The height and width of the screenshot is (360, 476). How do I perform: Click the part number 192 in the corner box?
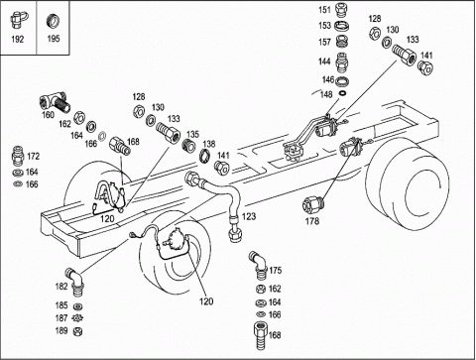point(18,40)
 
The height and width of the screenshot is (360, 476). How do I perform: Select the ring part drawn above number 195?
point(53,21)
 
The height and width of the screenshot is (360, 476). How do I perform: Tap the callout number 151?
point(324,10)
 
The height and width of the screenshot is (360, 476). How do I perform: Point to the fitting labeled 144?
point(342,62)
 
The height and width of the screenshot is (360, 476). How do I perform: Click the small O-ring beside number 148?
point(343,93)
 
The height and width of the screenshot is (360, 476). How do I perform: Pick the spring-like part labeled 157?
point(342,42)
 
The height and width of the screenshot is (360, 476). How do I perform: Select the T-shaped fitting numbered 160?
point(55,102)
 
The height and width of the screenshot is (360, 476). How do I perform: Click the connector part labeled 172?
point(18,156)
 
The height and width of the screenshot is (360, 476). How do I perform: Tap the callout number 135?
point(192,134)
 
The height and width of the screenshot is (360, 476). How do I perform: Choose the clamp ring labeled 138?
point(205,156)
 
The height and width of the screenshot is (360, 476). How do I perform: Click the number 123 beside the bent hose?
point(249,216)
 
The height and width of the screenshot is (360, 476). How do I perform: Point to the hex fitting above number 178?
point(312,204)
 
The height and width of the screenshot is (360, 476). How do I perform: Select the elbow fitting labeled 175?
point(260,265)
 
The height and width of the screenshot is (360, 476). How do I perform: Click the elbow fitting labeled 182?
point(75,281)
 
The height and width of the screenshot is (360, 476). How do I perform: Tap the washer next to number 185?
point(78,306)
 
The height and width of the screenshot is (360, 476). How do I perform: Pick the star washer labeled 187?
point(77,318)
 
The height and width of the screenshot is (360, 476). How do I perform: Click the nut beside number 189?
point(77,331)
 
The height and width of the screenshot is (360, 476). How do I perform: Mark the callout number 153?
point(324,26)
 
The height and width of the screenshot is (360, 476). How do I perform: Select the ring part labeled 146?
point(342,81)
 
